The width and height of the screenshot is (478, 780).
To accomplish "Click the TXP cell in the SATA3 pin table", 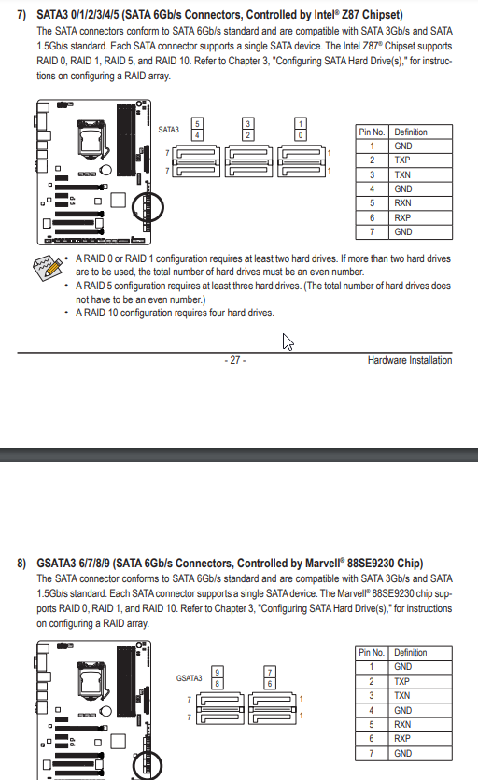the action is [x=420, y=160].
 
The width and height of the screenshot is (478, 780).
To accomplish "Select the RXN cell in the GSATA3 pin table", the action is [x=420, y=724].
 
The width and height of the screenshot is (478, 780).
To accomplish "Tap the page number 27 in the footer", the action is [x=235, y=360].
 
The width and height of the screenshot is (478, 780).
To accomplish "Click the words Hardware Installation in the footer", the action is [x=410, y=360].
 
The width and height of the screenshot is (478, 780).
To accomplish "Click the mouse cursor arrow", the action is [x=288, y=341].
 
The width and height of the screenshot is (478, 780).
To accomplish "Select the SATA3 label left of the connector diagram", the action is [x=168, y=130].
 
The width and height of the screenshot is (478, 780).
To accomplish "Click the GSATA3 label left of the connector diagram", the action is [x=190, y=678].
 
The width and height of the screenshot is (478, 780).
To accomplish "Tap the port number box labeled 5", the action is [x=197, y=124].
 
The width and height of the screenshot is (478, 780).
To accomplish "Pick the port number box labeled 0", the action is [x=301, y=134].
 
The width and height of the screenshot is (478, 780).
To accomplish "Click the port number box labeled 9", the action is [x=218, y=672].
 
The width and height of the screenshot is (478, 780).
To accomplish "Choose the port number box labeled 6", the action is [x=270, y=684].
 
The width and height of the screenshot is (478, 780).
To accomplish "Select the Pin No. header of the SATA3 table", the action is [x=372, y=132].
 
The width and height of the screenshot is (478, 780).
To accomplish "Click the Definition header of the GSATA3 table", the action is [x=420, y=653].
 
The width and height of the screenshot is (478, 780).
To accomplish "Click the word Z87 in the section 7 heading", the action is [x=350, y=15].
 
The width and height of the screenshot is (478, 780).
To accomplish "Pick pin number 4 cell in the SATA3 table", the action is [x=372, y=189].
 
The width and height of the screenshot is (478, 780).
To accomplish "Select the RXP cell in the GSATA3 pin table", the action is [x=420, y=739].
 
